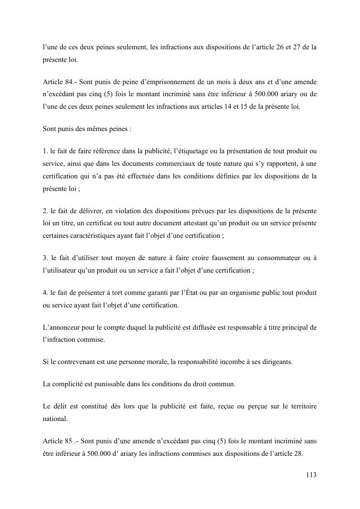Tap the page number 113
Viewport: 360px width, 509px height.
311,475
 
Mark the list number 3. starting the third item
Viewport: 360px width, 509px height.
45,258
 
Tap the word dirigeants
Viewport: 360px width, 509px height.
275,362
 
